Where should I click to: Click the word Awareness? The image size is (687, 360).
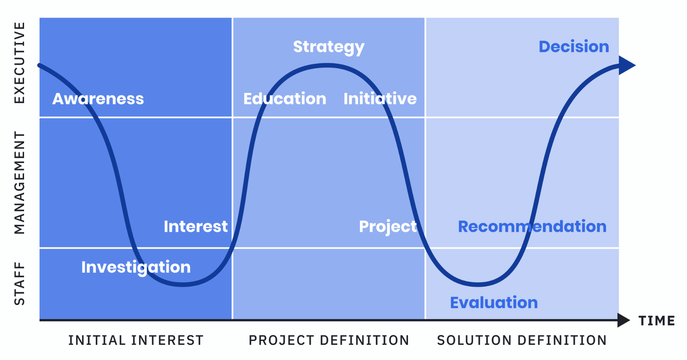(98, 99)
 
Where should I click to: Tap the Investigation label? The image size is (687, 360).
(136, 268)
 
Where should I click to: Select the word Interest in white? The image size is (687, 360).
(196, 226)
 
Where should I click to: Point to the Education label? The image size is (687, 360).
(285, 98)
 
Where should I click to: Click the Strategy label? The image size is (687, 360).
(329, 47)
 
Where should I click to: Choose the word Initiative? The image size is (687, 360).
(380, 98)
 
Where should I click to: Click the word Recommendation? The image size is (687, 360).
(532, 226)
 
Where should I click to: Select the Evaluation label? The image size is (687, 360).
(494, 302)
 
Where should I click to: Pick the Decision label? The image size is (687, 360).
(574, 47)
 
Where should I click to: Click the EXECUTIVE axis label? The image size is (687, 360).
(19, 63)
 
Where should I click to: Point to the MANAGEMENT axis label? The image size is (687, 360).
(19, 183)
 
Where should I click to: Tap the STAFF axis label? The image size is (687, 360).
(19, 284)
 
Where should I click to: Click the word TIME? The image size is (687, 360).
(657, 321)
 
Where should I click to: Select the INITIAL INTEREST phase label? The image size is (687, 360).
(136, 340)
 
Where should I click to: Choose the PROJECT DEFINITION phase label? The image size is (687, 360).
(329, 340)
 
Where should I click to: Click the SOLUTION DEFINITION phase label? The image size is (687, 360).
(522, 340)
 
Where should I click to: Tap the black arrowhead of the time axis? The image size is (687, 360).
(623, 320)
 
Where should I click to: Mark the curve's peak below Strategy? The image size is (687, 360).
(327, 65)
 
